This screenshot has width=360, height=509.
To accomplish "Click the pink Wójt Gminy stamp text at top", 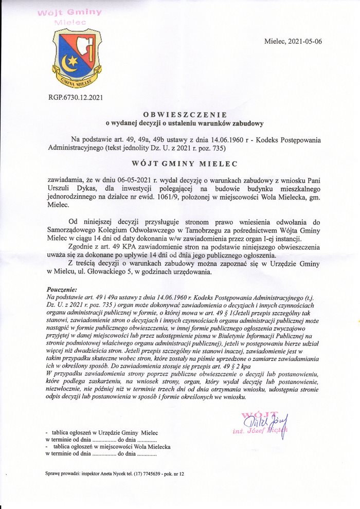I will coord(69,13).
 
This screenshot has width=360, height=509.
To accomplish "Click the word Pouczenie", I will coord(61,289).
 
